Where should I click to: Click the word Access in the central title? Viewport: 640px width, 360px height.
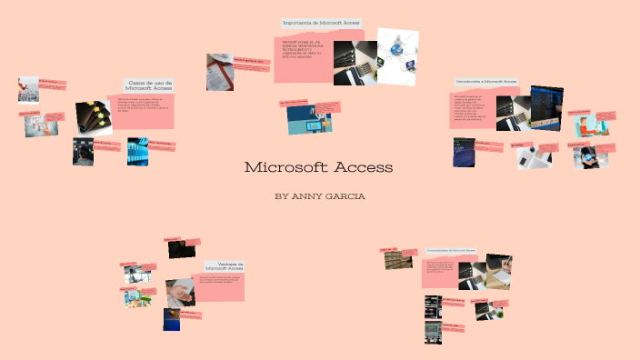tap(364, 167)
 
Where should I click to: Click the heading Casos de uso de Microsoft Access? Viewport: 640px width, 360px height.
tap(150, 84)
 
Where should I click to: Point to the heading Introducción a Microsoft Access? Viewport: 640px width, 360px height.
tap(485, 82)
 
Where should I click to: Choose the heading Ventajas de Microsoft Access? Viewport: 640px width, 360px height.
tap(225, 266)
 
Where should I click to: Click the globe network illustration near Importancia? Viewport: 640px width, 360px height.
tap(399, 50)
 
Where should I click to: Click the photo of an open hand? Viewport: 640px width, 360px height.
tap(180, 292)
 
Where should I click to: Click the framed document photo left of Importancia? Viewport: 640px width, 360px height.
tap(219, 72)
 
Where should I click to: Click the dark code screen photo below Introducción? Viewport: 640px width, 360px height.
tap(464, 153)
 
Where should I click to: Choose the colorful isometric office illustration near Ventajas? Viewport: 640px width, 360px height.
tap(136, 296)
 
